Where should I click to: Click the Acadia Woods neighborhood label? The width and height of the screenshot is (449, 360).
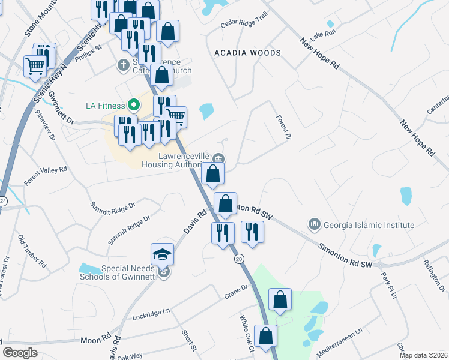[x=248, y=53]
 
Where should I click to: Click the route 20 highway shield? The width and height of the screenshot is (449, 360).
[x=238, y=259]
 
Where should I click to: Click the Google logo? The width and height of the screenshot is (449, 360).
[x=20, y=353]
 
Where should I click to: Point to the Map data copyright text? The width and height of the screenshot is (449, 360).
[x=423, y=355]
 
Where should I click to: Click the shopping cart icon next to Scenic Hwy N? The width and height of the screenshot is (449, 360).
[x=36, y=66]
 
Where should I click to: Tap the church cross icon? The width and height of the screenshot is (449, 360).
[x=124, y=64]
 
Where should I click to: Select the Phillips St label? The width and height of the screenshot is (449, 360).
[x=89, y=52]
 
